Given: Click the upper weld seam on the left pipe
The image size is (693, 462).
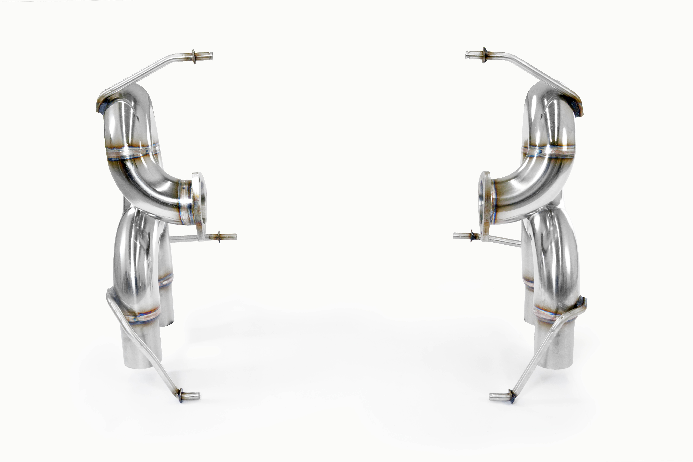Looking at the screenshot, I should [x=133, y=153].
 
